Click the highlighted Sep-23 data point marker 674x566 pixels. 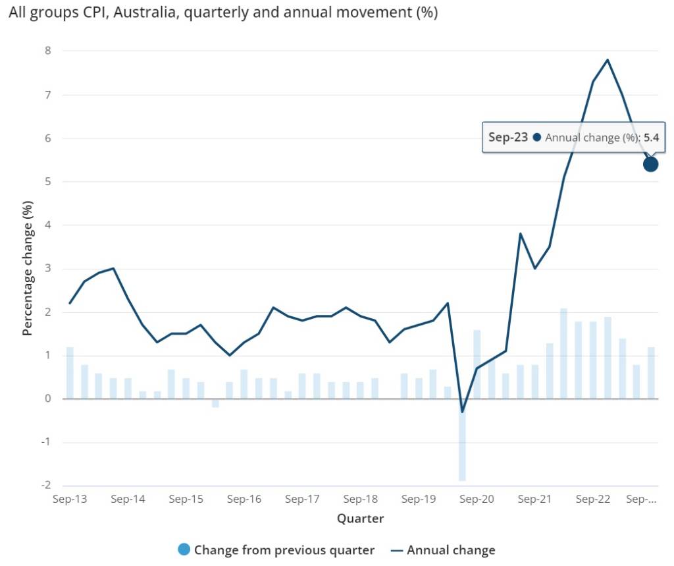[650, 164]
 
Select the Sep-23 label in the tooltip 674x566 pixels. [508, 137]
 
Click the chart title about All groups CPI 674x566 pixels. [222, 13]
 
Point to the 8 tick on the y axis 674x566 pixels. [47, 51]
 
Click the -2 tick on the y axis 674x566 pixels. [45, 486]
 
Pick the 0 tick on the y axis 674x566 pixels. [47, 399]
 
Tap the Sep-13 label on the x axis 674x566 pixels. [70, 499]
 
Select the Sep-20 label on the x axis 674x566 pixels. [477, 499]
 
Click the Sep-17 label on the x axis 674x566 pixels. [302, 499]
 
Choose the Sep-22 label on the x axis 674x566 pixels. [593, 499]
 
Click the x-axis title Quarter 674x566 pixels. [360, 519]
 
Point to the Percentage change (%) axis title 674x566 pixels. [28, 269]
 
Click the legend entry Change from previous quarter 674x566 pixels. [284, 550]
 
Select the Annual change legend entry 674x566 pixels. [451, 550]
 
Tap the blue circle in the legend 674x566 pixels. [184, 550]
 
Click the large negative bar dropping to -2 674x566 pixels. [462, 441]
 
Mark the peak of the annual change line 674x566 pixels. [607, 60]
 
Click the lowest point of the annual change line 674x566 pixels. [462, 412]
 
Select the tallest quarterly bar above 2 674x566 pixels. [563, 353]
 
